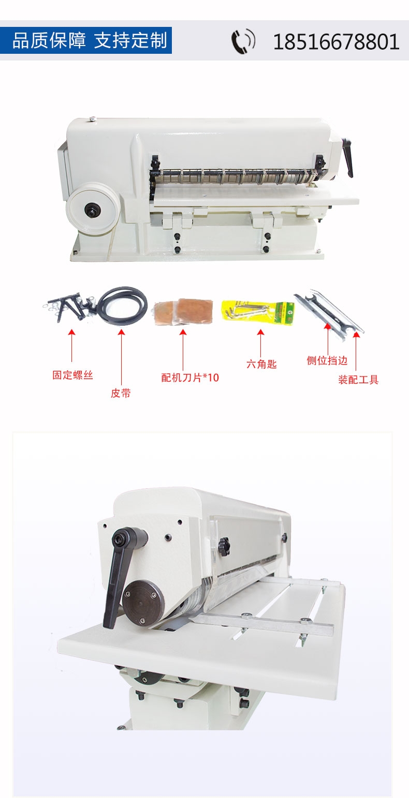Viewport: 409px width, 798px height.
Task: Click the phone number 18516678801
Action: tap(336, 42)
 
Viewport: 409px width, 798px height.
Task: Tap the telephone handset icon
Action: tap(243, 42)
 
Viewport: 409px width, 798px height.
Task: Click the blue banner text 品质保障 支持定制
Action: tap(90, 40)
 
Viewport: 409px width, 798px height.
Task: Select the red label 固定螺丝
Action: tap(73, 375)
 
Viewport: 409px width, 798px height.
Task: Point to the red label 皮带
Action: tap(121, 393)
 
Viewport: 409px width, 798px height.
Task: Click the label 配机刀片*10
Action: tap(190, 377)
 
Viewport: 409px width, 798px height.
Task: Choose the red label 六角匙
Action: tap(261, 364)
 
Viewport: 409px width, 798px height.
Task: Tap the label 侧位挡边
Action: tap(327, 360)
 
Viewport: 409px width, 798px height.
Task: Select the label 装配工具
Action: tap(358, 380)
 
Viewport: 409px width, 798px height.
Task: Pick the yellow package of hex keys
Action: tap(258, 312)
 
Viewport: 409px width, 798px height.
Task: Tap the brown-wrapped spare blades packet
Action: tap(184, 311)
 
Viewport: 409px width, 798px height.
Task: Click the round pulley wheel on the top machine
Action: tap(93, 209)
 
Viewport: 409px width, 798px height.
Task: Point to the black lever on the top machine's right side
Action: tap(348, 157)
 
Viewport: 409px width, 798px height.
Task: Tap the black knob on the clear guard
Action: tap(224, 547)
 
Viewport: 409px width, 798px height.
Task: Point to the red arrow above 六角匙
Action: tap(260, 343)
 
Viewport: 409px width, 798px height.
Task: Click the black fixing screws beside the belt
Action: tap(69, 306)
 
